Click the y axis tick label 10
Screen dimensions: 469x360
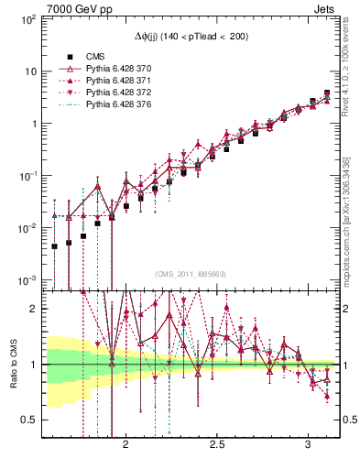(31, 71)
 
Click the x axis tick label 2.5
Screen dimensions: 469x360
(217, 444)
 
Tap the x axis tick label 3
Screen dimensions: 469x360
(309, 444)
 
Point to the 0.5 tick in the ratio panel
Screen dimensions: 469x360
(30, 420)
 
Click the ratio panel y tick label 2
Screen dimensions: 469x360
(35, 310)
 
